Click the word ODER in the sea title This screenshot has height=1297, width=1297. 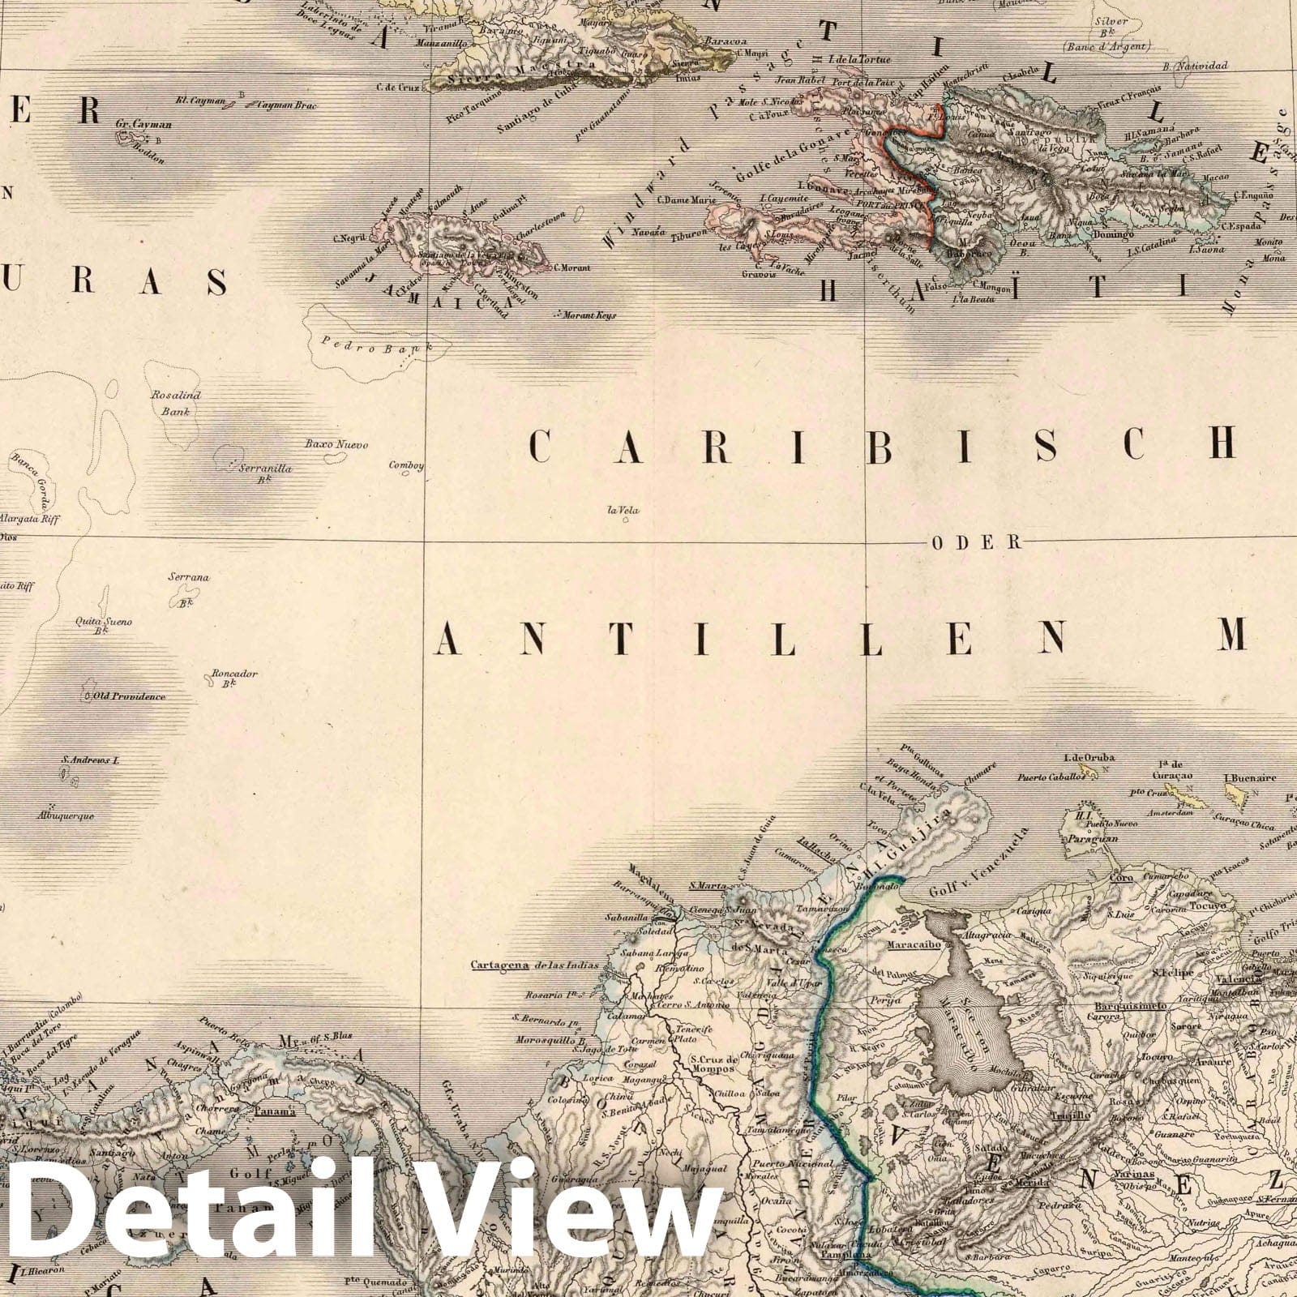(x=974, y=543)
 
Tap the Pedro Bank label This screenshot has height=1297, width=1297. (x=368, y=344)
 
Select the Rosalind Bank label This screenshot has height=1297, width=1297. (x=175, y=403)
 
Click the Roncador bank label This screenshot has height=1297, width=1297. (x=234, y=674)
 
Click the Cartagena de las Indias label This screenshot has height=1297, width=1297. (x=534, y=965)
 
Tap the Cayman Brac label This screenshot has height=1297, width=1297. (x=287, y=105)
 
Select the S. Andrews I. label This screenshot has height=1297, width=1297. (x=90, y=760)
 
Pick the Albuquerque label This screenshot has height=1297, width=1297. (x=66, y=816)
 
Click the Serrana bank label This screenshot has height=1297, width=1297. (x=188, y=577)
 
